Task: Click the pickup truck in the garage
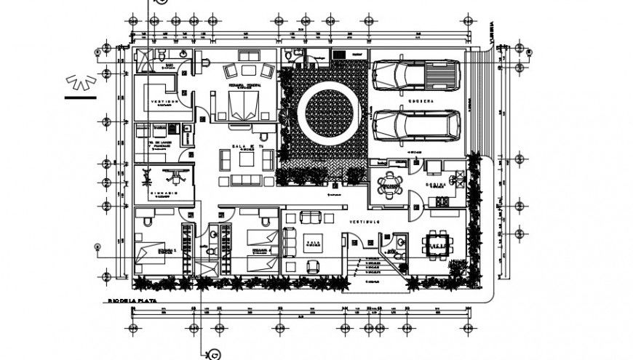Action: pyautogui.click(x=415, y=74)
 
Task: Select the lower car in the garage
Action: pyautogui.click(x=415, y=124)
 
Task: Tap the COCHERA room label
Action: pyautogui.click(x=421, y=100)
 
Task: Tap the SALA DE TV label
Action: pyautogui.click(x=243, y=148)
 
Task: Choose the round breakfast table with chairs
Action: pyautogui.click(x=391, y=185)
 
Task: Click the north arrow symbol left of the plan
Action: pyautogui.click(x=80, y=81)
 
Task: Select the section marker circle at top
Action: pyautogui.click(x=160, y=2)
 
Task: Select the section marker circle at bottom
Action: pyautogui.click(x=215, y=354)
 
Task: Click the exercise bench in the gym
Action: pyautogui.click(x=172, y=174)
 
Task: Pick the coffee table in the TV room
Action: pyautogui.click(x=243, y=160)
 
